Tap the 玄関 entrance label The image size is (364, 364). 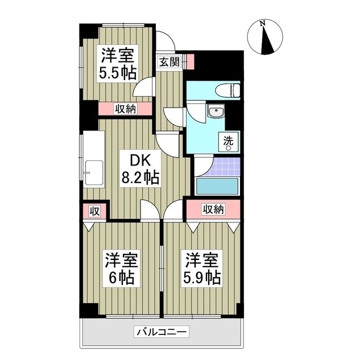click(169, 61)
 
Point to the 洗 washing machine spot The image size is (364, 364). click(228, 140)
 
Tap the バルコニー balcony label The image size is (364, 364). click(162, 332)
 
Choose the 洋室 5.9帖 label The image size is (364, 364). click(202, 269)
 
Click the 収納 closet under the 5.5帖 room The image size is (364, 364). click(125, 109)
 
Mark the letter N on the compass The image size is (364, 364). click(262, 23)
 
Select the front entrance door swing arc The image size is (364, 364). click(166, 41)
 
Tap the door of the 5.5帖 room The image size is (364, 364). click(144, 89)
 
